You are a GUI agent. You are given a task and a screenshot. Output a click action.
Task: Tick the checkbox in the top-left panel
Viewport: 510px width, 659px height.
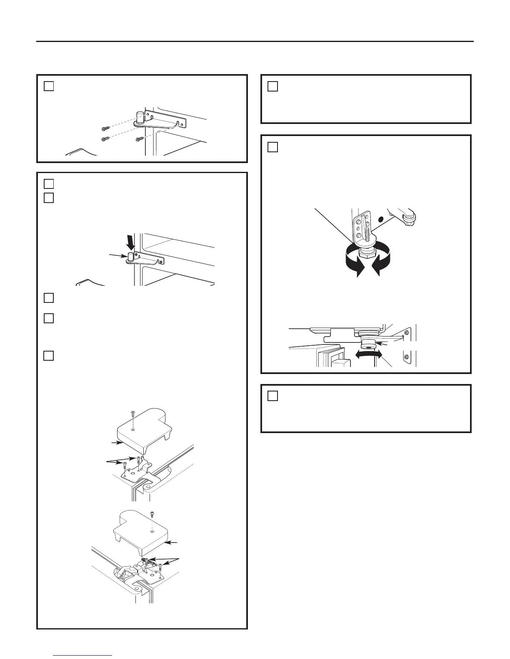[x=49, y=86]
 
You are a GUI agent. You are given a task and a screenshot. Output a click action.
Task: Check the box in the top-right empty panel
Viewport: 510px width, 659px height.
[x=272, y=86]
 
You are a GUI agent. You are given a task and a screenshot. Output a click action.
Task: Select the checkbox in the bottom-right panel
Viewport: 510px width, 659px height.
[x=272, y=396]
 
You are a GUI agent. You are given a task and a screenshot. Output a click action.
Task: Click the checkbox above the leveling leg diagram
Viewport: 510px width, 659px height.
[x=272, y=147]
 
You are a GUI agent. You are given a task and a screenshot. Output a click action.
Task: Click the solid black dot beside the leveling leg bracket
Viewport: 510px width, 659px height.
[x=380, y=218]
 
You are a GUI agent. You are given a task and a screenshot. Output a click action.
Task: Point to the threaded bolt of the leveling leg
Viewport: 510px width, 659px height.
[x=367, y=233]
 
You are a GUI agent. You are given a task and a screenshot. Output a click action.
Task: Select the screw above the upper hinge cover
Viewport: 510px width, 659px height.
[x=132, y=414]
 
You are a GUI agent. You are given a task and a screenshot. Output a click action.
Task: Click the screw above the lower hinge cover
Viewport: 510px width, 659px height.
[x=152, y=514]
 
